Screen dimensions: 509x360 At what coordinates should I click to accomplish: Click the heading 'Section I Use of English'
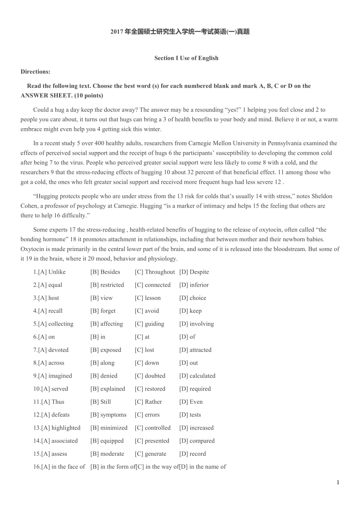click(186, 58)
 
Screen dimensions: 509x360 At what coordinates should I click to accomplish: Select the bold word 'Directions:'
click(35, 72)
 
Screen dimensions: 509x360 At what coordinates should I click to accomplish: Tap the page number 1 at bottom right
click(338, 482)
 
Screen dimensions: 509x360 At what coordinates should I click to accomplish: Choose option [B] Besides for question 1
click(105, 272)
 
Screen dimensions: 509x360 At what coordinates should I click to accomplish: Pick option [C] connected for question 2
click(153, 285)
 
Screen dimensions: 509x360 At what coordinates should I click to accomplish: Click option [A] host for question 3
click(46, 298)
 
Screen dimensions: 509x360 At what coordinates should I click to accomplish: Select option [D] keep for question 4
click(191, 311)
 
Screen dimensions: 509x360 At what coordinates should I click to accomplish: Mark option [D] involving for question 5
click(196, 324)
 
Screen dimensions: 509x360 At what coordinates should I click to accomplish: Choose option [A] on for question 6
click(44, 337)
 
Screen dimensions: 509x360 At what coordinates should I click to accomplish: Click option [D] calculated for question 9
click(197, 376)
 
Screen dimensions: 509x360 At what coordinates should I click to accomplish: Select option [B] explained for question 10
click(108, 389)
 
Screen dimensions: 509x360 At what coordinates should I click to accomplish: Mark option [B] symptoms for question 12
click(108, 415)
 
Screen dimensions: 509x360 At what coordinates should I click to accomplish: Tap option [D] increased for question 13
click(196, 428)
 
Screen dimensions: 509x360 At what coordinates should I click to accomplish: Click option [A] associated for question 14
click(56, 441)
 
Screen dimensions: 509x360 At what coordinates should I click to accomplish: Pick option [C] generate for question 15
click(150, 454)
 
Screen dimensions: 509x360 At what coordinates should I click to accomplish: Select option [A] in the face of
click(59, 467)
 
